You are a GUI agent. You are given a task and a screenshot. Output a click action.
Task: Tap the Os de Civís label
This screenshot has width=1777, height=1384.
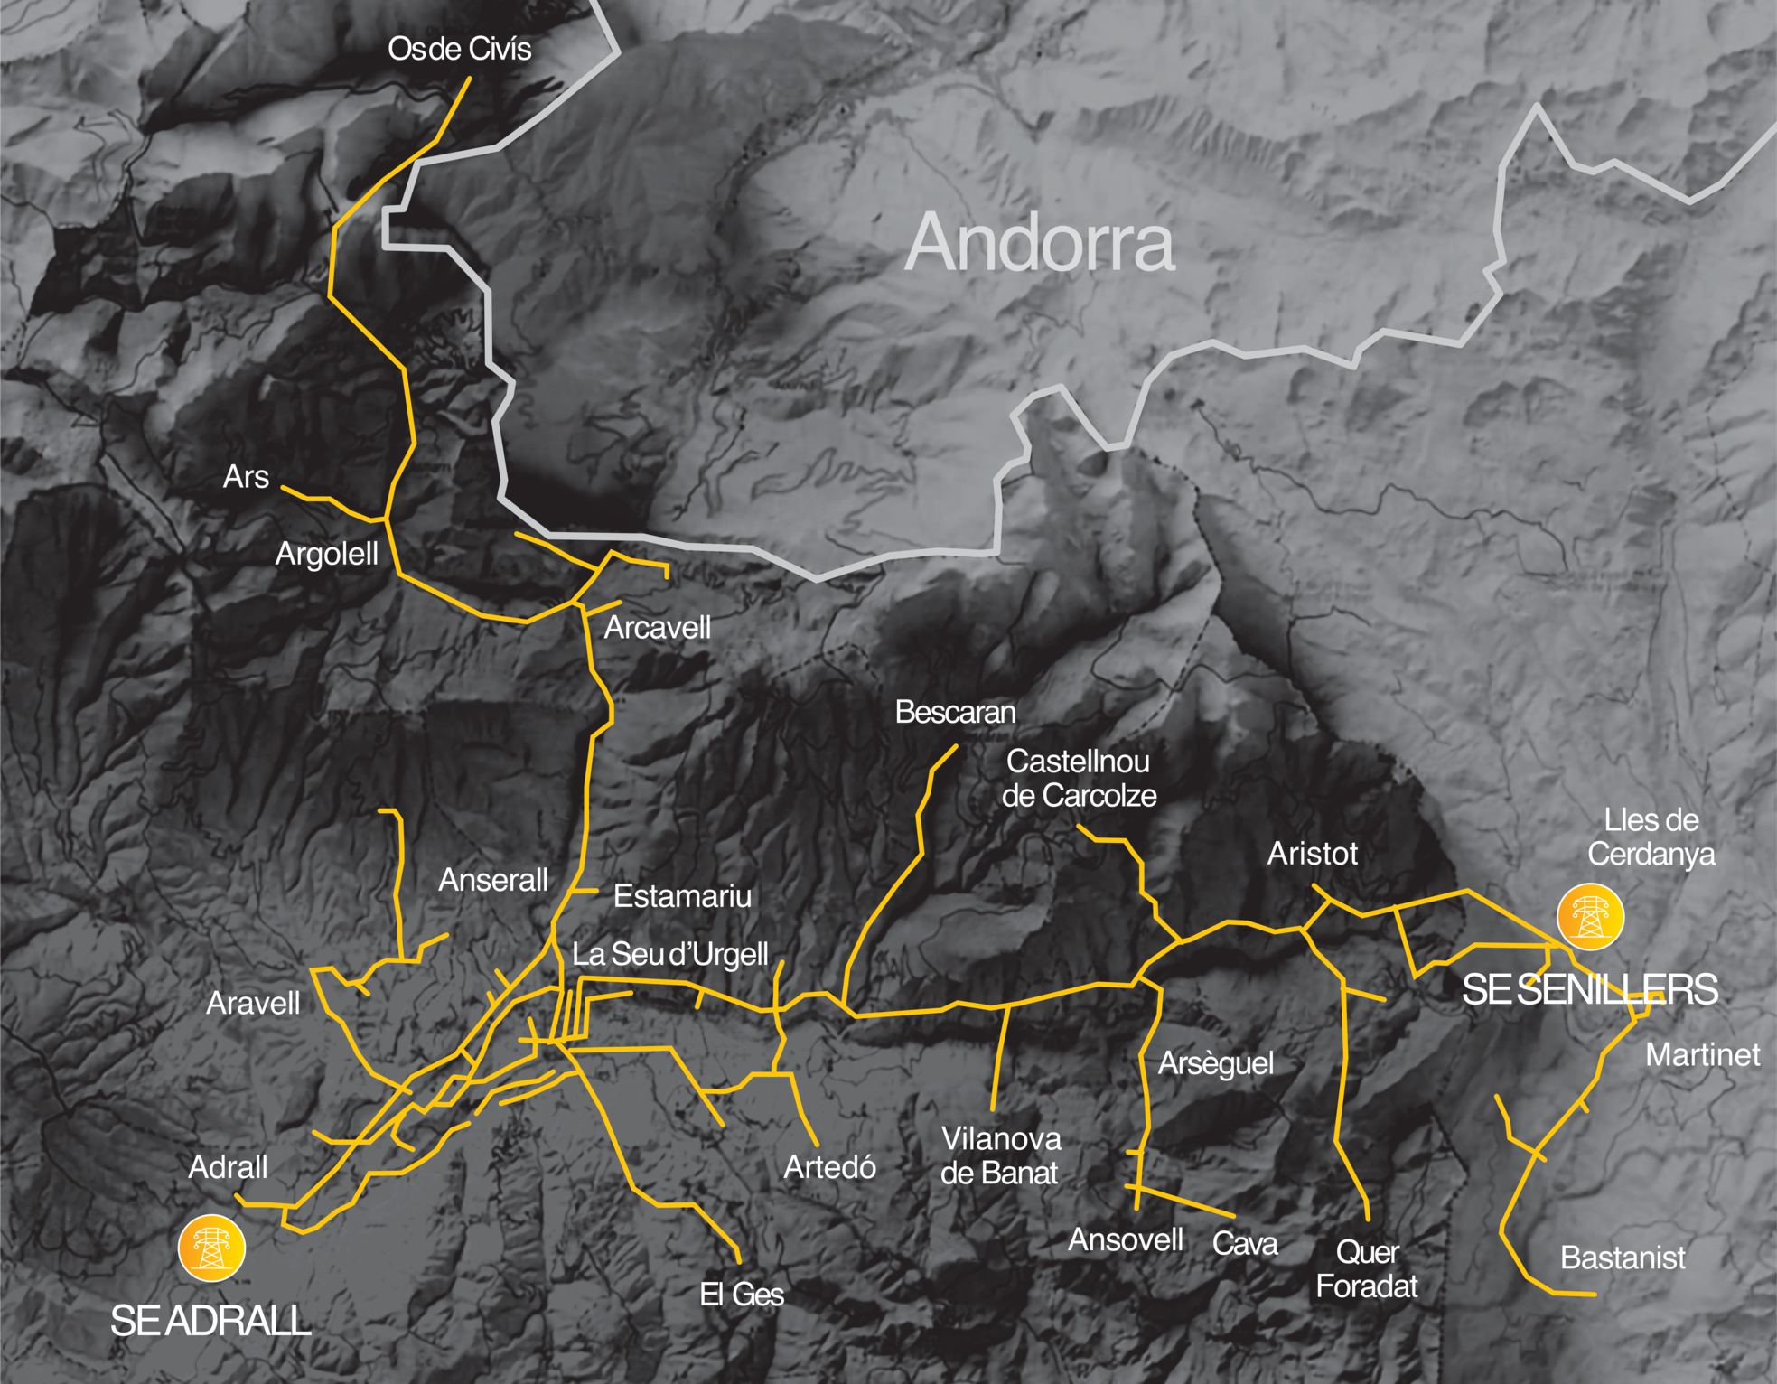459,49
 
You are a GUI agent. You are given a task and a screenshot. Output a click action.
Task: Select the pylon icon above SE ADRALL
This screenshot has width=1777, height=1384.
211,1248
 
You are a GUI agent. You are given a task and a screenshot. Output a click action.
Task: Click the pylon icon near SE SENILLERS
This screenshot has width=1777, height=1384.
1590,916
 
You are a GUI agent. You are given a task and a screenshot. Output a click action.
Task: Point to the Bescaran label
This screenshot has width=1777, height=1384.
955,712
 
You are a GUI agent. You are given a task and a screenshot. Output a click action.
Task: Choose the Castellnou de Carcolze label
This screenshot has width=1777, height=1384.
1079,778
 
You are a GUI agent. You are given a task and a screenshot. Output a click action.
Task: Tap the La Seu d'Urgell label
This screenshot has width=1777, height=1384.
669,954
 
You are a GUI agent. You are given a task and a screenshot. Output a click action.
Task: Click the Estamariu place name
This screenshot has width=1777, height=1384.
682,896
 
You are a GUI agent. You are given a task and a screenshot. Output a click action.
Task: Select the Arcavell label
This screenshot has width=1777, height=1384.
657,627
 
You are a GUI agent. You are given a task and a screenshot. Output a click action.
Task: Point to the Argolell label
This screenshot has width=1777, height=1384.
326,554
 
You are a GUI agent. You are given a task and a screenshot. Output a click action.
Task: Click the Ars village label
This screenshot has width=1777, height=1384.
246,476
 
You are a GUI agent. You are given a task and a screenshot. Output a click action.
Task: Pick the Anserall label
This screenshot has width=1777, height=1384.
493,880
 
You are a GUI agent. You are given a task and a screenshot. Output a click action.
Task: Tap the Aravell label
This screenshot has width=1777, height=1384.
253,1003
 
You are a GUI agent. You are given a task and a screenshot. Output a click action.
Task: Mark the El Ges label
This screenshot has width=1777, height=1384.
742,1294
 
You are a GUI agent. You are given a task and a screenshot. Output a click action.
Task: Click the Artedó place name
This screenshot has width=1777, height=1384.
829,1167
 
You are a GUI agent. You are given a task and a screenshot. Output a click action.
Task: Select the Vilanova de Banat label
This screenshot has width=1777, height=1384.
1000,1155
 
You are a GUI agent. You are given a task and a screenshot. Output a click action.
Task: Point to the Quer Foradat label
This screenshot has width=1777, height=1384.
1367,1268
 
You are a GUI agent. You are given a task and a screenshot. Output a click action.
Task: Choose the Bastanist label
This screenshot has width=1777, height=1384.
1623,1258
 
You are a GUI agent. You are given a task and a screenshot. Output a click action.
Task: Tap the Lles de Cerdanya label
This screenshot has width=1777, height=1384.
1651,837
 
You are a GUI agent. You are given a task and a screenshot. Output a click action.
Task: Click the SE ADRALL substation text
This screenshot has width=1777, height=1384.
210,1321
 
